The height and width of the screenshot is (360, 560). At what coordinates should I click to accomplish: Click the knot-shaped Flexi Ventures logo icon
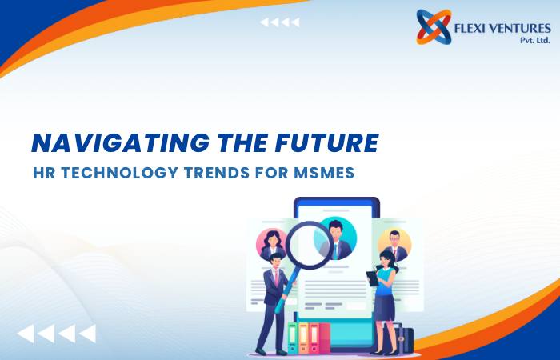(434, 27)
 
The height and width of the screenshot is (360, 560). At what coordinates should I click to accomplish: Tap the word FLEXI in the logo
(470, 28)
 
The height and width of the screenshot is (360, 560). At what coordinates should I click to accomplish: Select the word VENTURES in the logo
(520, 28)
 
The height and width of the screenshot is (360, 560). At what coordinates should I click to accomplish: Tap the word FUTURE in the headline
(326, 143)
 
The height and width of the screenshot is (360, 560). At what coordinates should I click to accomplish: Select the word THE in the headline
(242, 143)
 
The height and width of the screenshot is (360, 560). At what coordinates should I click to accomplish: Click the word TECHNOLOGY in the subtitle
(119, 173)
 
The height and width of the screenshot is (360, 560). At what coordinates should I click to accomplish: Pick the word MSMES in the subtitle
(324, 173)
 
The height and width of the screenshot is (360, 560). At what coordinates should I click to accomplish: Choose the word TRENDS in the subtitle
(217, 173)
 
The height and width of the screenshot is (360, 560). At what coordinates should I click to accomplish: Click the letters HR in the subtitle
(44, 173)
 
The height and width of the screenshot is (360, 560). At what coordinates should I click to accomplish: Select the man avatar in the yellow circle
(394, 246)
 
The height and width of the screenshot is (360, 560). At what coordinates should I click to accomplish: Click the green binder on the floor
(293, 338)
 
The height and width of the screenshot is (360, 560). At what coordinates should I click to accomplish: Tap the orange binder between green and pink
(303, 338)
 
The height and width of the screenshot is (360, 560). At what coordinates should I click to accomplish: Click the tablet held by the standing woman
(372, 278)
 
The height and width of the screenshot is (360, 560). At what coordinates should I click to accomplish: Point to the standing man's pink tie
(277, 278)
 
